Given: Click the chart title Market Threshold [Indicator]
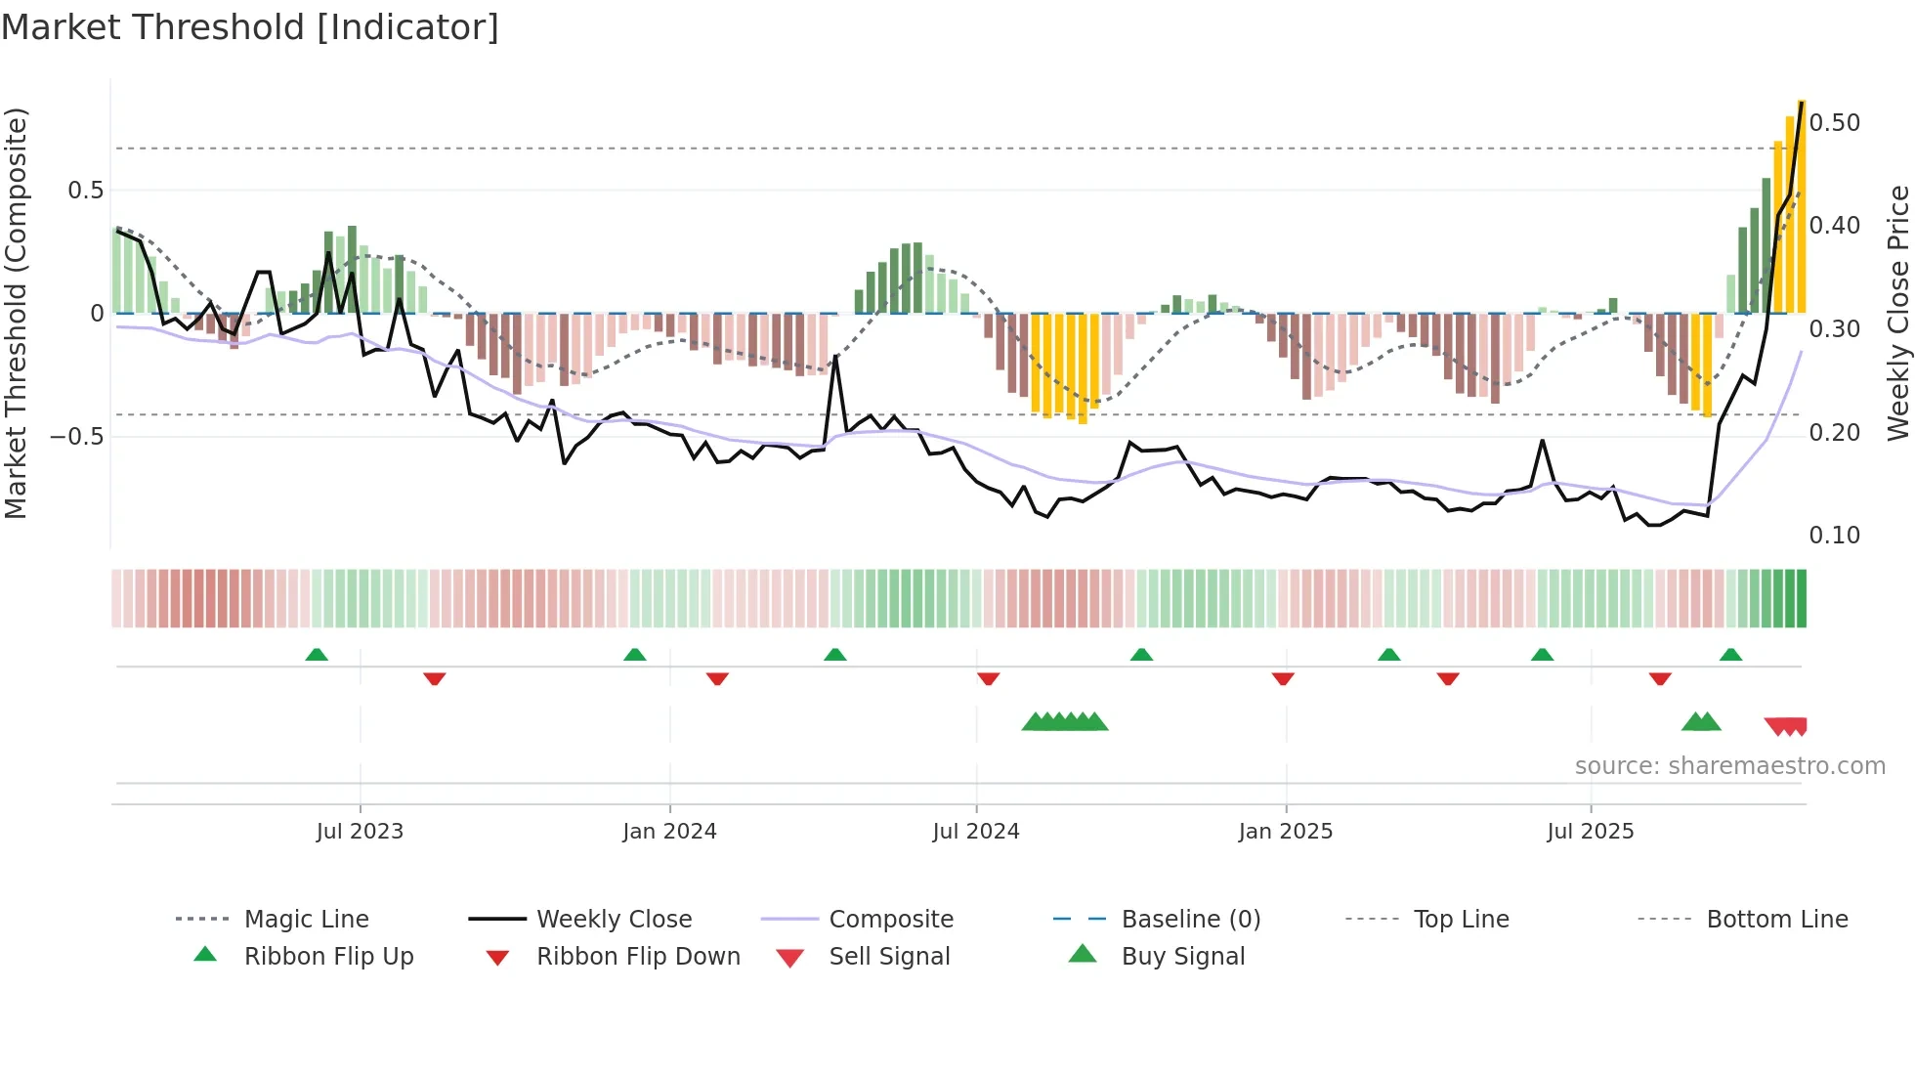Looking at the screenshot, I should click(250, 27).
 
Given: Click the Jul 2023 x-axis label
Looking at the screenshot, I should click(360, 832).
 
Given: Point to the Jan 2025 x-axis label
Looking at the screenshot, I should click(1285, 832).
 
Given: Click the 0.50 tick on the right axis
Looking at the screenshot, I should click(1834, 123).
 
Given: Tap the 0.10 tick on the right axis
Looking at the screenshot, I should click(1834, 536).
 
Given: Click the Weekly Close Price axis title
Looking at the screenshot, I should click(1897, 313).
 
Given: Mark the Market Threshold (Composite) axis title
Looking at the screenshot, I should click(16, 313).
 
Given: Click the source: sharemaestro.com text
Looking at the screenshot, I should click(1729, 766).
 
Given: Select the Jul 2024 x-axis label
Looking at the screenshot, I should click(975, 832).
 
